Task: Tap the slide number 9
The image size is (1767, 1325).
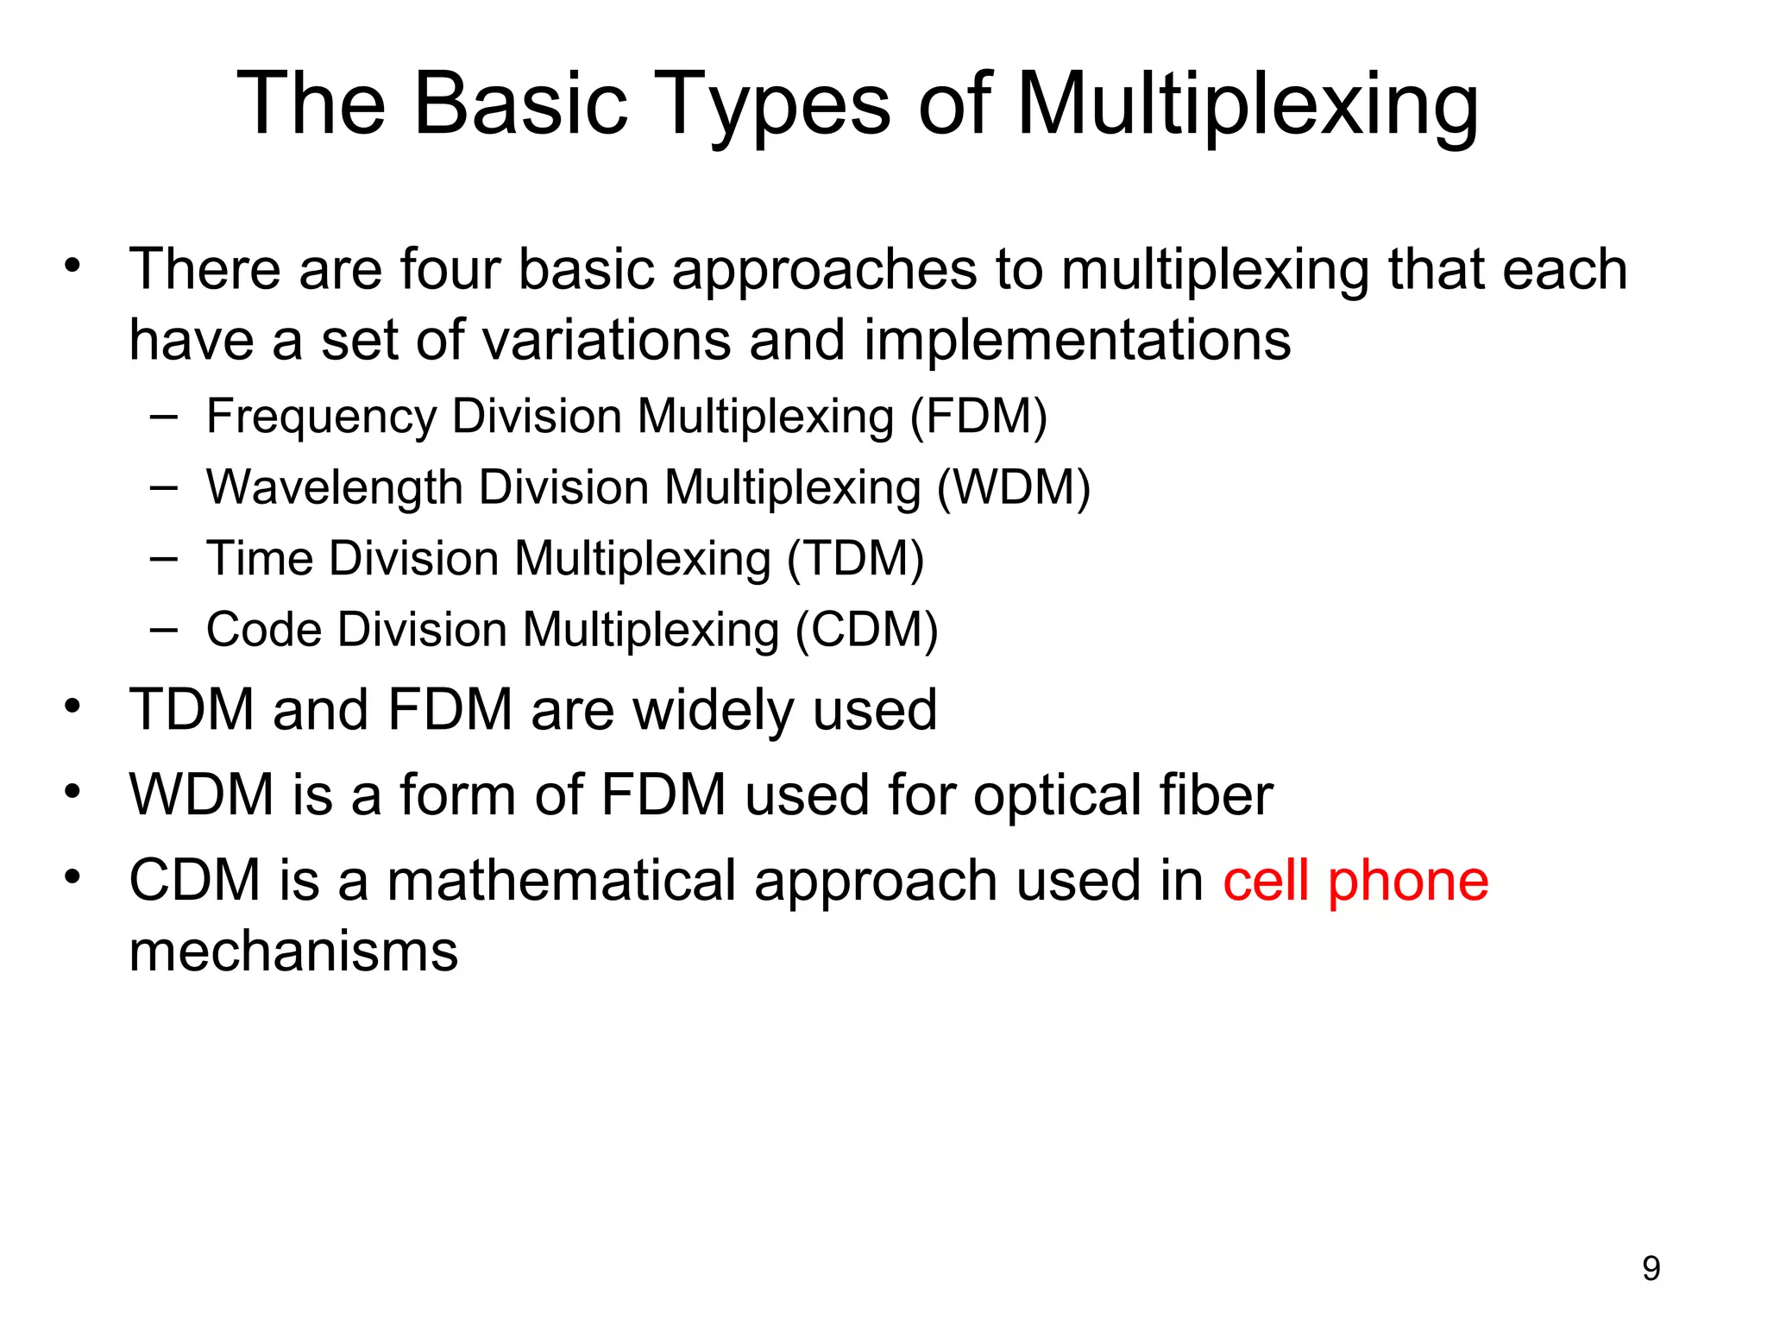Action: click(1651, 1268)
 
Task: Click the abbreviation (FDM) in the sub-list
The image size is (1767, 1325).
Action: click(979, 418)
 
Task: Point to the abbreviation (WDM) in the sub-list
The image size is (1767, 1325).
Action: click(1014, 488)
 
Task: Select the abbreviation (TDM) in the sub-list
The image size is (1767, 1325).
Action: click(855, 559)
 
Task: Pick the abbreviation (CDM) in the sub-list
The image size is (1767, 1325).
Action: click(866, 630)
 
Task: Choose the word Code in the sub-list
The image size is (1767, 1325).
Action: click(263, 630)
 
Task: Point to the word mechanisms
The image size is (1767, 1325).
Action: click(293, 951)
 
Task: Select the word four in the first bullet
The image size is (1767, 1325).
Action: click(450, 269)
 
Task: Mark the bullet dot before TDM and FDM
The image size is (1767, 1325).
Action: click(72, 706)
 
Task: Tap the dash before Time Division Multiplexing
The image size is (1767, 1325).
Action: click(163, 559)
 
